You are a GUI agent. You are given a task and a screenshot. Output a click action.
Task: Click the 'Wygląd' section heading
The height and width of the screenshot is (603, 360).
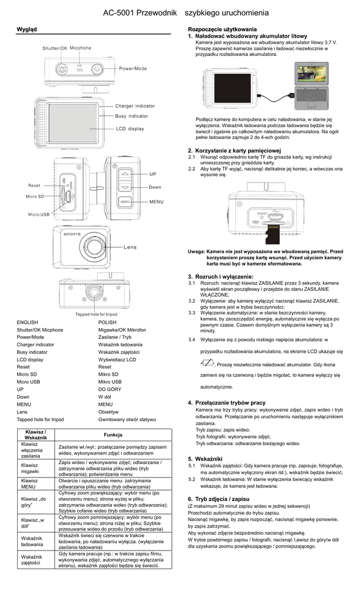[x=27, y=29]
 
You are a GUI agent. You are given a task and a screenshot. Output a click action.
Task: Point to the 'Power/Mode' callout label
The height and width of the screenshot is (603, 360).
[x=133, y=69]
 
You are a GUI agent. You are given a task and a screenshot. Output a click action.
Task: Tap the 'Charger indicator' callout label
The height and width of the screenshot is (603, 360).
[x=135, y=106]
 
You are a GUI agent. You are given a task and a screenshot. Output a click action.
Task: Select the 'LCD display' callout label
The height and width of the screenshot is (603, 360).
[x=130, y=128]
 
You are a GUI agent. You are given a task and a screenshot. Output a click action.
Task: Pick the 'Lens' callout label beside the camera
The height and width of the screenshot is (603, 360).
[x=130, y=247]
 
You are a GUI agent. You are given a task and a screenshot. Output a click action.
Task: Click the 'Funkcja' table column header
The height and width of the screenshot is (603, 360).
[x=113, y=435]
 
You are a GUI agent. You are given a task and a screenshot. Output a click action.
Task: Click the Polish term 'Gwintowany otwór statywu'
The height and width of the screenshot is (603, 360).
[x=127, y=419]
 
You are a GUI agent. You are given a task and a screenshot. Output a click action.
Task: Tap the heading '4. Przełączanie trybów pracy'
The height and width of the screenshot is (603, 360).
[x=226, y=403]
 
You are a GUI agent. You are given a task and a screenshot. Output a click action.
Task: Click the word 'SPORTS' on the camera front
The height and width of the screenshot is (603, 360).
[x=72, y=234]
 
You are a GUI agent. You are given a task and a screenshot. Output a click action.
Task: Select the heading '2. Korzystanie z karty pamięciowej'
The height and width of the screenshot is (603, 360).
[x=234, y=151]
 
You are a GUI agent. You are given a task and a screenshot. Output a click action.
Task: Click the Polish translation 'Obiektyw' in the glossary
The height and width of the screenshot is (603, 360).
[x=108, y=412]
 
